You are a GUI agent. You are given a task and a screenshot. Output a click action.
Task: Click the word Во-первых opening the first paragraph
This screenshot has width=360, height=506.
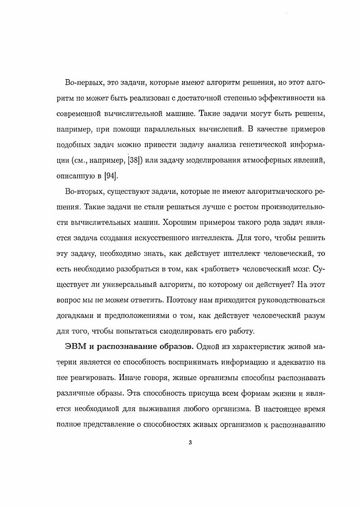click(83, 84)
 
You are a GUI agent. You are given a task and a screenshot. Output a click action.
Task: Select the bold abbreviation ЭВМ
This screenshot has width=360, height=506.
click(76, 347)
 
